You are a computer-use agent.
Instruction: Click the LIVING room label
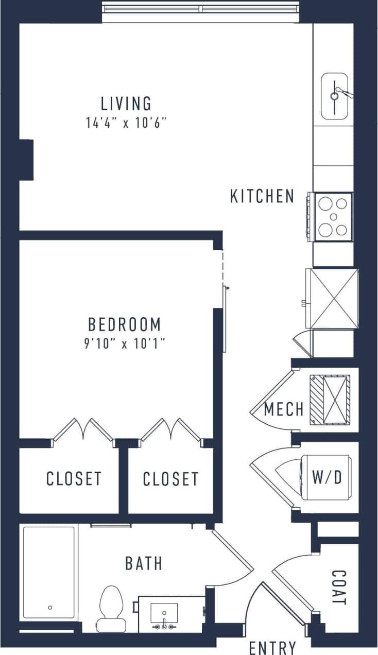point(126,104)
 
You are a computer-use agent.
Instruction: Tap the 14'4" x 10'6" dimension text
point(126,124)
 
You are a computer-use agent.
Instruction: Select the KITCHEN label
point(262,196)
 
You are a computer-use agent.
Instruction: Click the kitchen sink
point(335,96)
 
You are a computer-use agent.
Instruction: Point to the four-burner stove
point(332,216)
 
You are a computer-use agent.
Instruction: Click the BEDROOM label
point(125,325)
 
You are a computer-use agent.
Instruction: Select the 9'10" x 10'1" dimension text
point(125,344)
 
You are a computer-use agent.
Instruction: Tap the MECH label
point(284,409)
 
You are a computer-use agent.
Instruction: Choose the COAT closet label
point(338,587)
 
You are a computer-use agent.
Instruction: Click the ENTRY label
point(272,647)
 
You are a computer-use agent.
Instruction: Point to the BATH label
point(144,563)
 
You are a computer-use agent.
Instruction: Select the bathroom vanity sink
point(164,614)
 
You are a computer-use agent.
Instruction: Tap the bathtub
point(49,572)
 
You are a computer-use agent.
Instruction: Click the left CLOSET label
point(74,479)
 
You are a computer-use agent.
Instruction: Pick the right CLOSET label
point(170,479)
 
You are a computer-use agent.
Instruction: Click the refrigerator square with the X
point(332,298)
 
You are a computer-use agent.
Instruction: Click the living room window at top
point(200,9)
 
